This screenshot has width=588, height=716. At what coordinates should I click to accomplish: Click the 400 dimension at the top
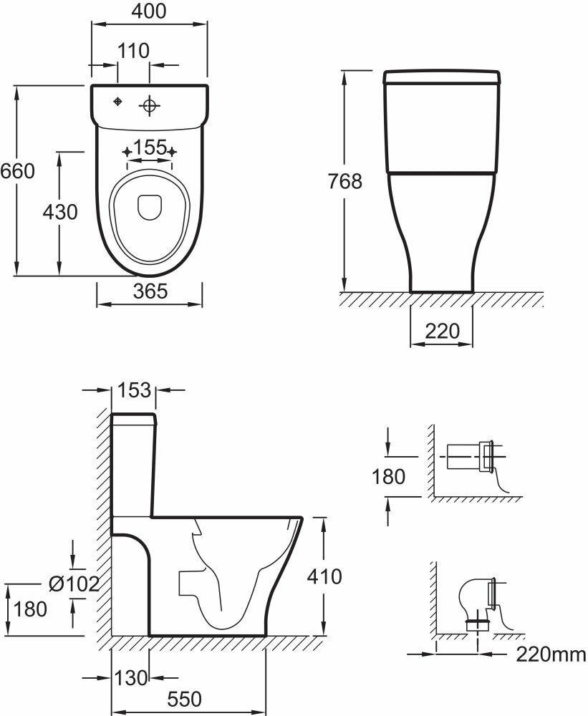tap(150, 11)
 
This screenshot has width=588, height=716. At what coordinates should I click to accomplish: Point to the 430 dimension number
tap(59, 213)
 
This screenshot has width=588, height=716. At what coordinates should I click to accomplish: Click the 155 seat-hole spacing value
tap(150, 147)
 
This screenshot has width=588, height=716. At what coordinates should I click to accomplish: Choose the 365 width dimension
tap(150, 291)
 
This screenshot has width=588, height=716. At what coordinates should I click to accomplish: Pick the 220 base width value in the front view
tap(442, 332)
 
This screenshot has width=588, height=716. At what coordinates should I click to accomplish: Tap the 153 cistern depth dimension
tap(135, 390)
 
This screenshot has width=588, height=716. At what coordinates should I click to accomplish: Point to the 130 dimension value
tap(130, 677)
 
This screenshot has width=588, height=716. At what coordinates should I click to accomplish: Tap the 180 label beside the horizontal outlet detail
tap(389, 476)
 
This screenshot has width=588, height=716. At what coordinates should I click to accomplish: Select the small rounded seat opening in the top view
tap(150, 206)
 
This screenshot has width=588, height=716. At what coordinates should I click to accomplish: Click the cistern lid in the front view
tap(441, 77)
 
